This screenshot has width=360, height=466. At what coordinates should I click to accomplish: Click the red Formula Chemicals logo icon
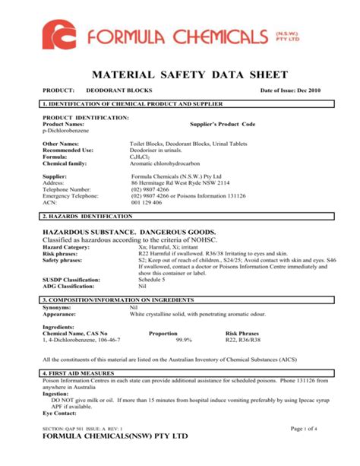(x=62, y=37)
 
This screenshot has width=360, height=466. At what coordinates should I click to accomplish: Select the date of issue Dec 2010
(x=291, y=91)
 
